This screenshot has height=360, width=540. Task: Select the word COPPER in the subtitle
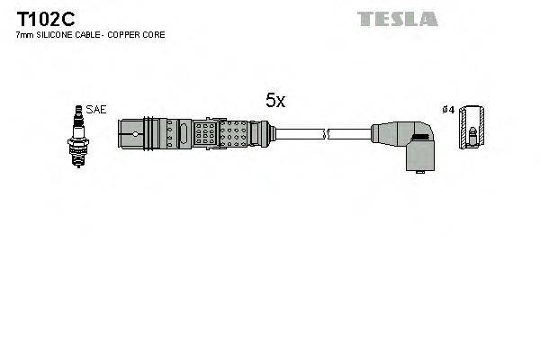pyautogui.click(x=130, y=34)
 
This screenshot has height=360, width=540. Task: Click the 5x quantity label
pyautogui.click(x=274, y=102)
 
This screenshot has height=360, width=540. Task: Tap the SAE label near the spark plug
pyautogui.click(x=97, y=109)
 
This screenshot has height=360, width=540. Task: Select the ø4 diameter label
pyautogui.click(x=448, y=110)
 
